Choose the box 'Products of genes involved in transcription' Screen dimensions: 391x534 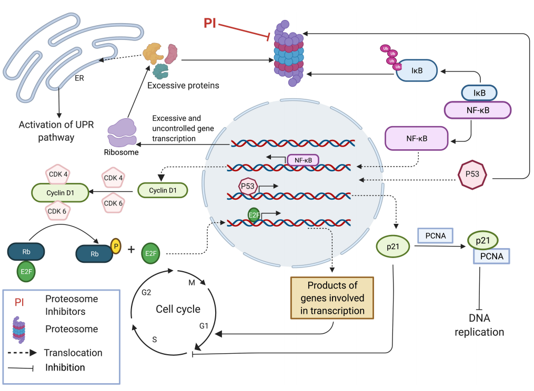[x=332, y=298]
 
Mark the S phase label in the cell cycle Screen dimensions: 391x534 [x=154, y=339]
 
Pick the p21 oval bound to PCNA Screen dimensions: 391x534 [x=482, y=240]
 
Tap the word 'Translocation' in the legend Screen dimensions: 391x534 [x=73, y=353]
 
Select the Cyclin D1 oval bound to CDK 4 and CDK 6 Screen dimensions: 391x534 [x=59, y=193]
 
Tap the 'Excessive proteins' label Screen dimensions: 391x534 [x=183, y=85]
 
